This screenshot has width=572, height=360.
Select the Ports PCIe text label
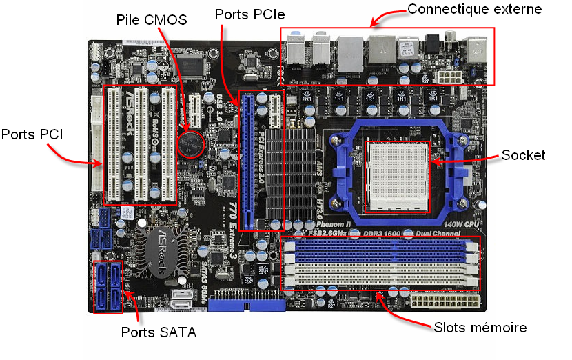(x=250, y=14)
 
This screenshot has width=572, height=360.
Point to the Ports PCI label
(x=32, y=134)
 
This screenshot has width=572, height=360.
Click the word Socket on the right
(x=523, y=155)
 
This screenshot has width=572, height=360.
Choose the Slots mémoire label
(x=480, y=328)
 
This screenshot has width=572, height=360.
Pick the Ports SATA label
(x=159, y=333)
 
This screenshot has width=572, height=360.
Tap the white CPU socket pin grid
(x=396, y=176)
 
